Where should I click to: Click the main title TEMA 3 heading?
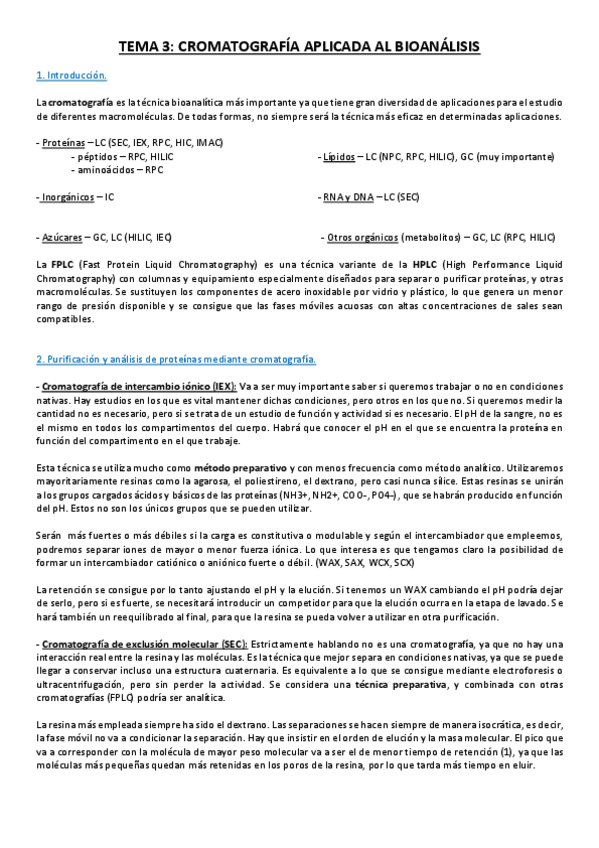pos(300,46)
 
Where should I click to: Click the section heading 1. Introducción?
pos(71,76)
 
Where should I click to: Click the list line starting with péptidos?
pos(122,157)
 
